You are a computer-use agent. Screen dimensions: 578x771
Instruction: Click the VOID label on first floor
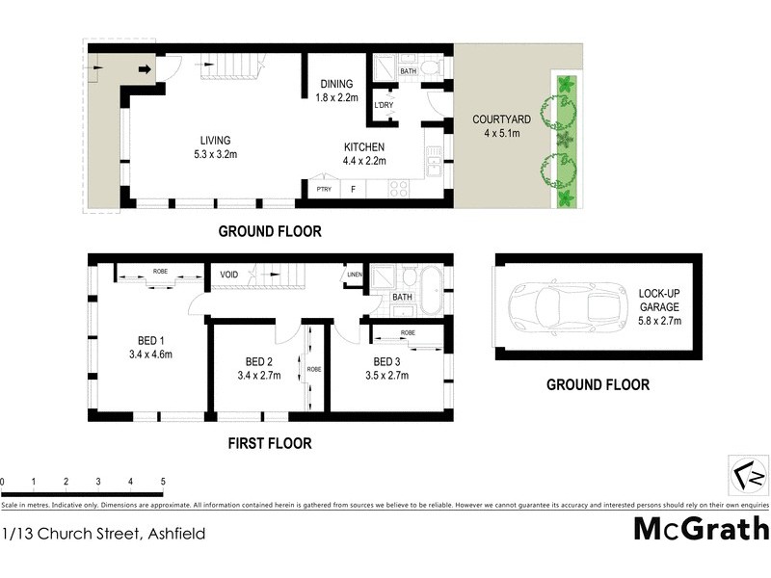coord(228,276)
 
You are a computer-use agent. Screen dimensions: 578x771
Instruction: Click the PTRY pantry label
coord(324,190)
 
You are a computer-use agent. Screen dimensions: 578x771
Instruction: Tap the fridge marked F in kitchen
coord(353,190)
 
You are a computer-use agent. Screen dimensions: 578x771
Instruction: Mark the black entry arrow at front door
coord(145,69)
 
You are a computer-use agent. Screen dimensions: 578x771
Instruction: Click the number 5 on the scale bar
coord(162,482)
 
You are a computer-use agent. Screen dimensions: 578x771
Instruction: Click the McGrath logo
coord(701,529)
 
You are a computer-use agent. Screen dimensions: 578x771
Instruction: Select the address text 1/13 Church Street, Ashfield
coord(103,532)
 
